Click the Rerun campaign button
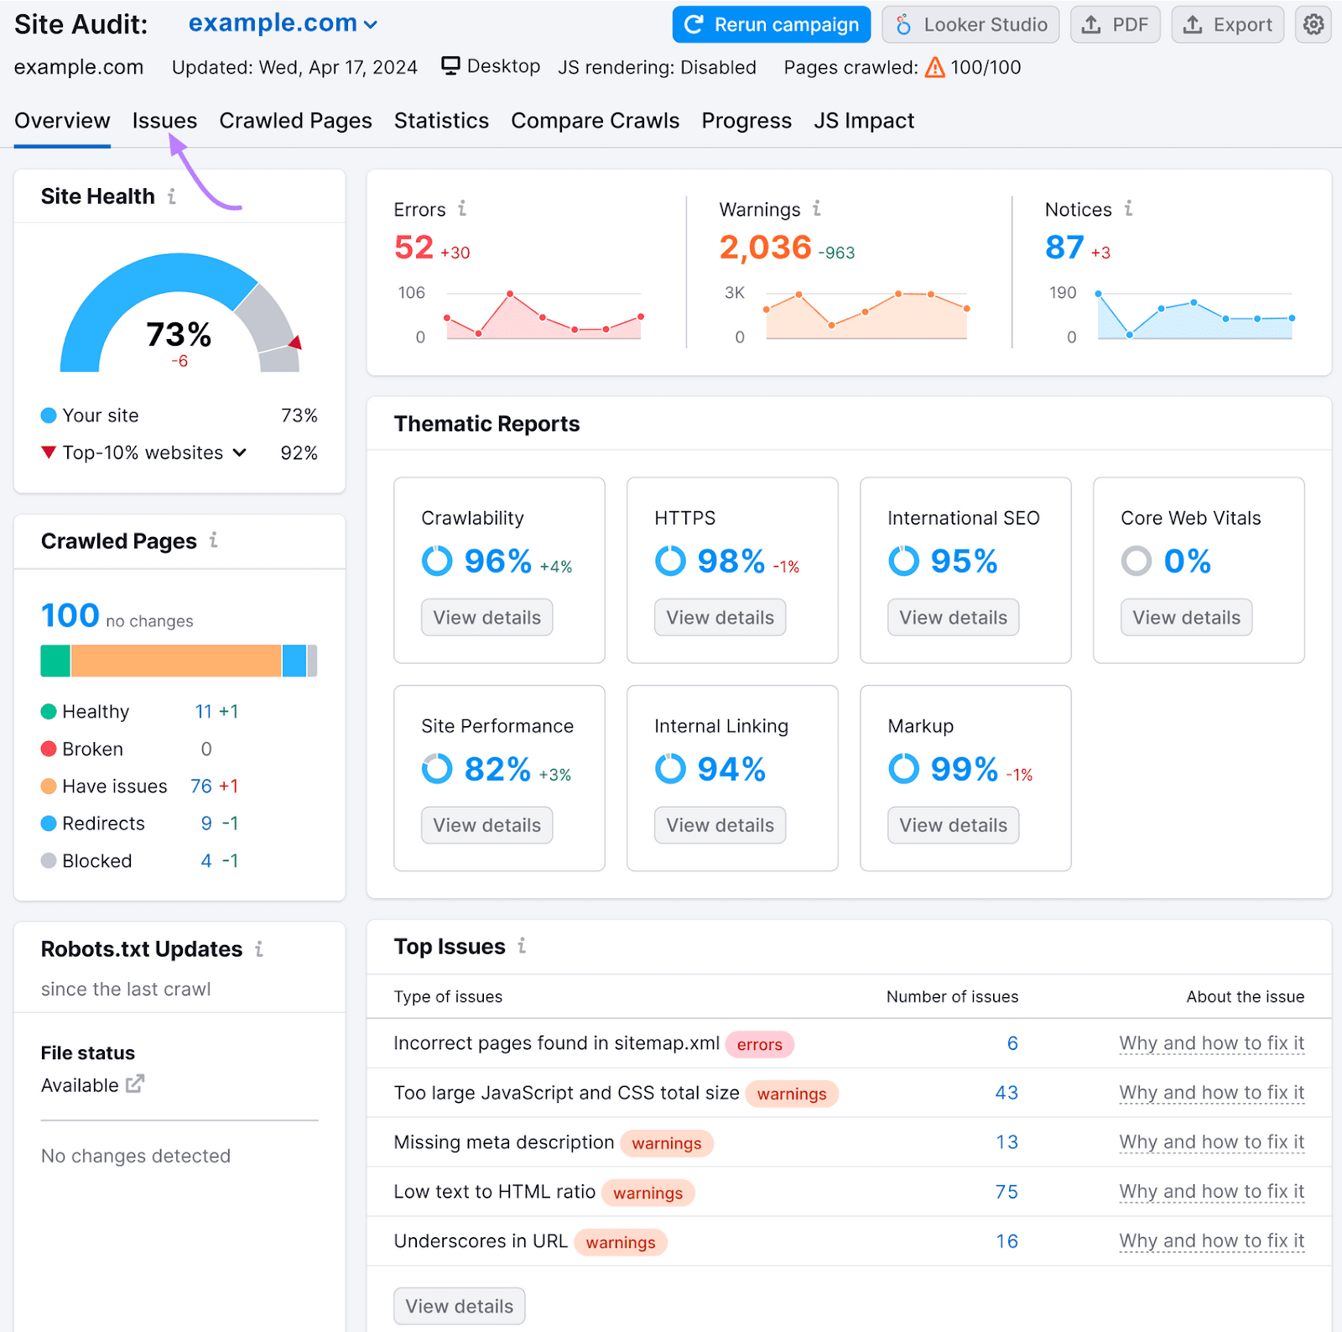pyautogui.click(x=771, y=25)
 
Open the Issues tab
pyautogui.click(x=164, y=121)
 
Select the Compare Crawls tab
pyautogui.click(x=595, y=121)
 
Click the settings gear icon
pyautogui.click(x=1313, y=25)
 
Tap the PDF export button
pyautogui.click(x=1115, y=25)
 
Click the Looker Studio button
pyautogui.click(x=970, y=25)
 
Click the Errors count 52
pyautogui.click(x=414, y=248)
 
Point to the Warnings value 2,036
pyautogui.click(x=765, y=248)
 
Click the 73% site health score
pyautogui.click(x=179, y=334)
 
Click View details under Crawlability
pyautogui.click(x=486, y=618)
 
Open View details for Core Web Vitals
pyautogui.click(x=1186, y=618)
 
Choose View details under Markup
pyautogui.click(x=953, y=826)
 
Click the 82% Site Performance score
pyautogui.click(x=497, y=769)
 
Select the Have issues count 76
pyautogui.click(x=200, y=786)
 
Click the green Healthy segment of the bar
pyautogui.click(x=55, y=661)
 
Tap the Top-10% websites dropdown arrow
pyautogui.click(x=240, y=453)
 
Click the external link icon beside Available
pyautogui.click(x=135, y=1084)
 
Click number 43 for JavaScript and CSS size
pyautogui.click(x=1006, y=1093)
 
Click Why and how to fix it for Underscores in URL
pyautogui.click(x=1211, y=1241)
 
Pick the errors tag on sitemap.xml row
pyautogui.click(x=759, y=1044)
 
